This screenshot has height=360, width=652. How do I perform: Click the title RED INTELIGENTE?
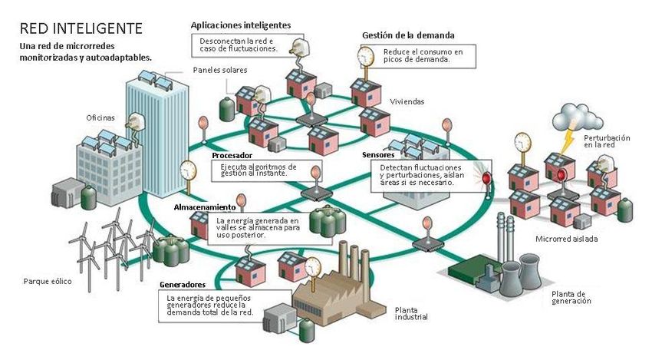[x=81, y=28]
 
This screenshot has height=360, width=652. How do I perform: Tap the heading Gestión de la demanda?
[x=408, y=35]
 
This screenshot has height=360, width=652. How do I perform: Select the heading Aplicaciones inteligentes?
[x=240, y=25]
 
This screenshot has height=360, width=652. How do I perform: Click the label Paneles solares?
[x=219, y=70]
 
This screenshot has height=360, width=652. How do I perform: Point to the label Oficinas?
[x=100, y=117]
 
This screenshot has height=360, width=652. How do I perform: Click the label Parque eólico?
[x=48, y=281]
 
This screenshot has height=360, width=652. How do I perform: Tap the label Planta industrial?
[x=411, y=313]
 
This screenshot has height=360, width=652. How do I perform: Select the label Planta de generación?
[x=571, y=297]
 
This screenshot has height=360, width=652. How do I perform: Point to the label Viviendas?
[x=407, y=101]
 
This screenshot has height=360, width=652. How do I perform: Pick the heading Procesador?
[x=232, y=155]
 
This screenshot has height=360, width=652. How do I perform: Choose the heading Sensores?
[x=378, y=155]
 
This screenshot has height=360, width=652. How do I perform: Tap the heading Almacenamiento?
[x=205, y=207]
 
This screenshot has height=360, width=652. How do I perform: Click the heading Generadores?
[x=183, y=285]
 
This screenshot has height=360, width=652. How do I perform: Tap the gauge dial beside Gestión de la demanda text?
[x=366, y=55]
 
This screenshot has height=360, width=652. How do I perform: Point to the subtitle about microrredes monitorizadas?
[x=85, y=51]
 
